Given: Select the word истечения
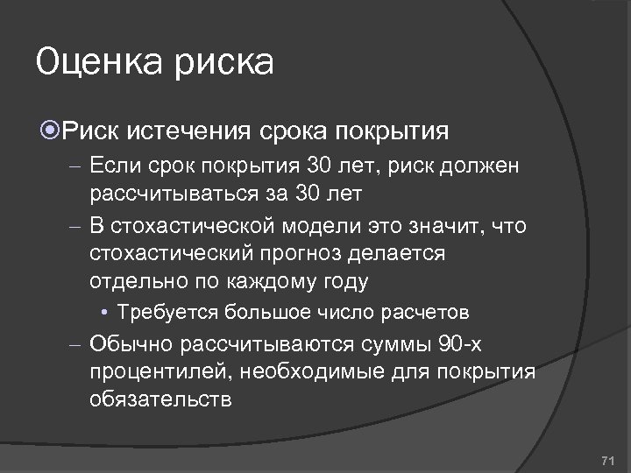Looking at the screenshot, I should (x=194, y=132).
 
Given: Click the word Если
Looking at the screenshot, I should (x=111, y=166).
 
